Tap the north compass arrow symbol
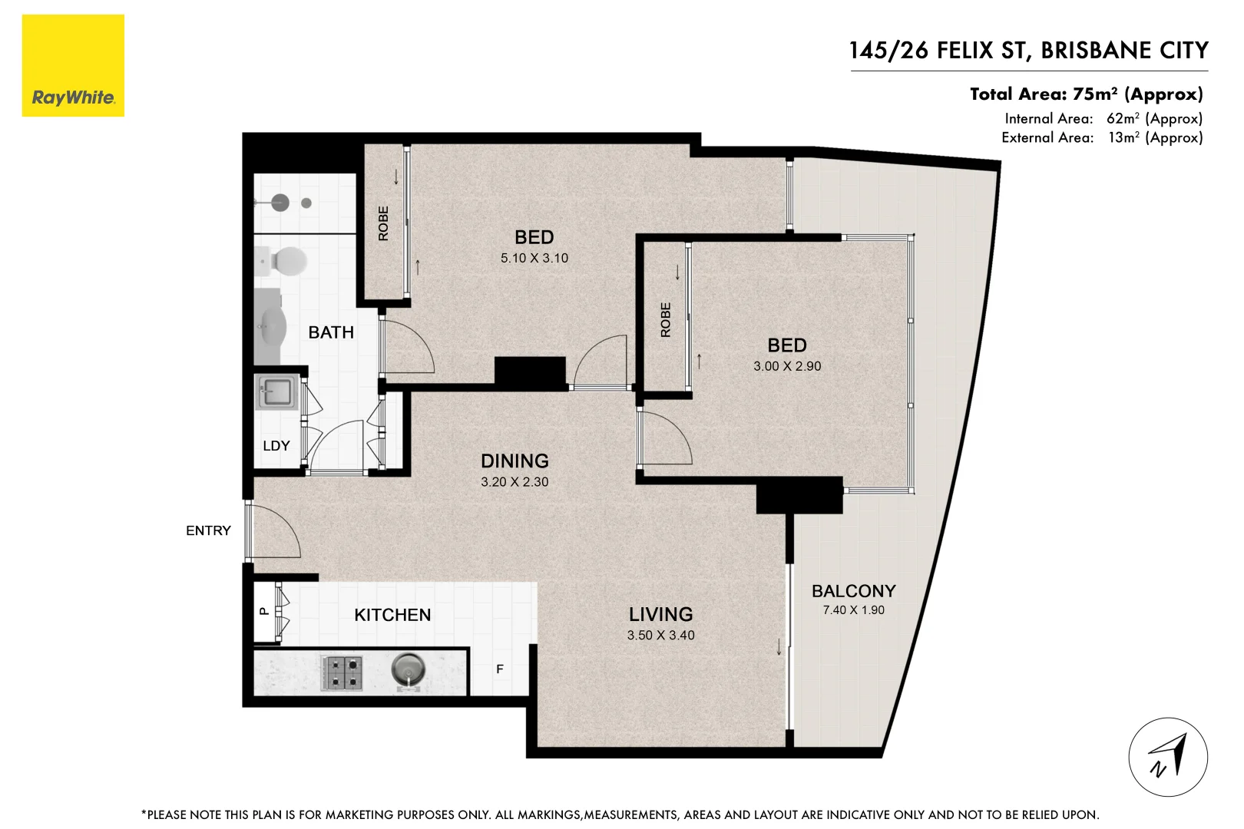(1168, 757)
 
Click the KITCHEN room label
(392, 615)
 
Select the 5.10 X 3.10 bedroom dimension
(534, 259)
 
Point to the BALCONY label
(853, 591)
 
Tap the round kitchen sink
(408, 670)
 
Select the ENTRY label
(208, 530)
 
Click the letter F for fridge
(500, 669)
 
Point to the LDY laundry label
(276, 446)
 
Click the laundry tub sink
(274, 392)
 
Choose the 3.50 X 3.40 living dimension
(660, 636)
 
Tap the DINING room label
(514, 461)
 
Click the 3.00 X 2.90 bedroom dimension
(787, 367)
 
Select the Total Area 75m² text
(1086, 94)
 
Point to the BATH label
(331, 332)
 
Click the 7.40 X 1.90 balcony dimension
(853, 610)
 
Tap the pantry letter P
(263, 612)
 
